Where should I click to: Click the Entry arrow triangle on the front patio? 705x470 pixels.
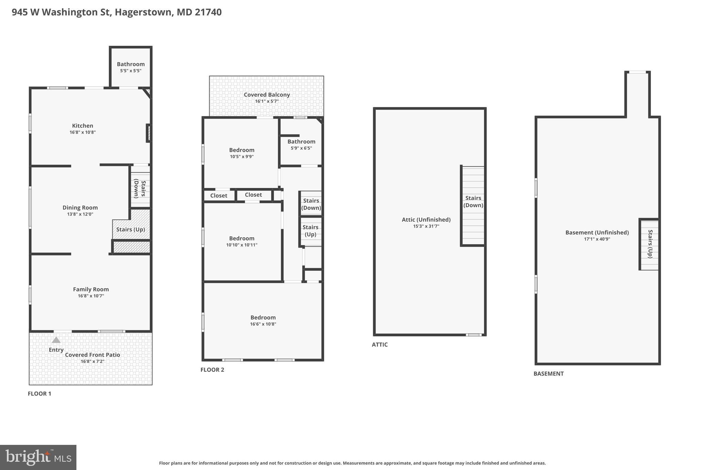[x=56, y=340]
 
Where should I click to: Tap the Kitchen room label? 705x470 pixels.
[x=83, y=126]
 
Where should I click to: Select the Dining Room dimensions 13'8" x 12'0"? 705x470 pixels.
[x=80, y=214]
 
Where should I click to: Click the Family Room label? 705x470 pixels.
[x=91, y=289]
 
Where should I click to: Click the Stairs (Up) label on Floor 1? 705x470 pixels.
[x=130, y=229]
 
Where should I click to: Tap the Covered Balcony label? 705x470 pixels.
[x=267, y=95]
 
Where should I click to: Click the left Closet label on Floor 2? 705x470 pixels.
[x=219, y=196]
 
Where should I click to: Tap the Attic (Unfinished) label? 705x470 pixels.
[x=426, y=220]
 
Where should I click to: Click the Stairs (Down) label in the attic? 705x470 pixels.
[x=473, y=201]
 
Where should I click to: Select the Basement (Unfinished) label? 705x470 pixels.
[x=597, y=232]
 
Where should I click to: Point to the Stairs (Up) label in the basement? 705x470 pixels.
[x=650, y=244]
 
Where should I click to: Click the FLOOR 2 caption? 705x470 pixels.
[x=212, y=370]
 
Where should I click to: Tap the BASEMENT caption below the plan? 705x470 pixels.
[x=548, y=374]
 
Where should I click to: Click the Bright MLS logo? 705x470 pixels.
[x=38, y=457]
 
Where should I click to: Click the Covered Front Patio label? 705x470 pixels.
[x=93, y=355]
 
